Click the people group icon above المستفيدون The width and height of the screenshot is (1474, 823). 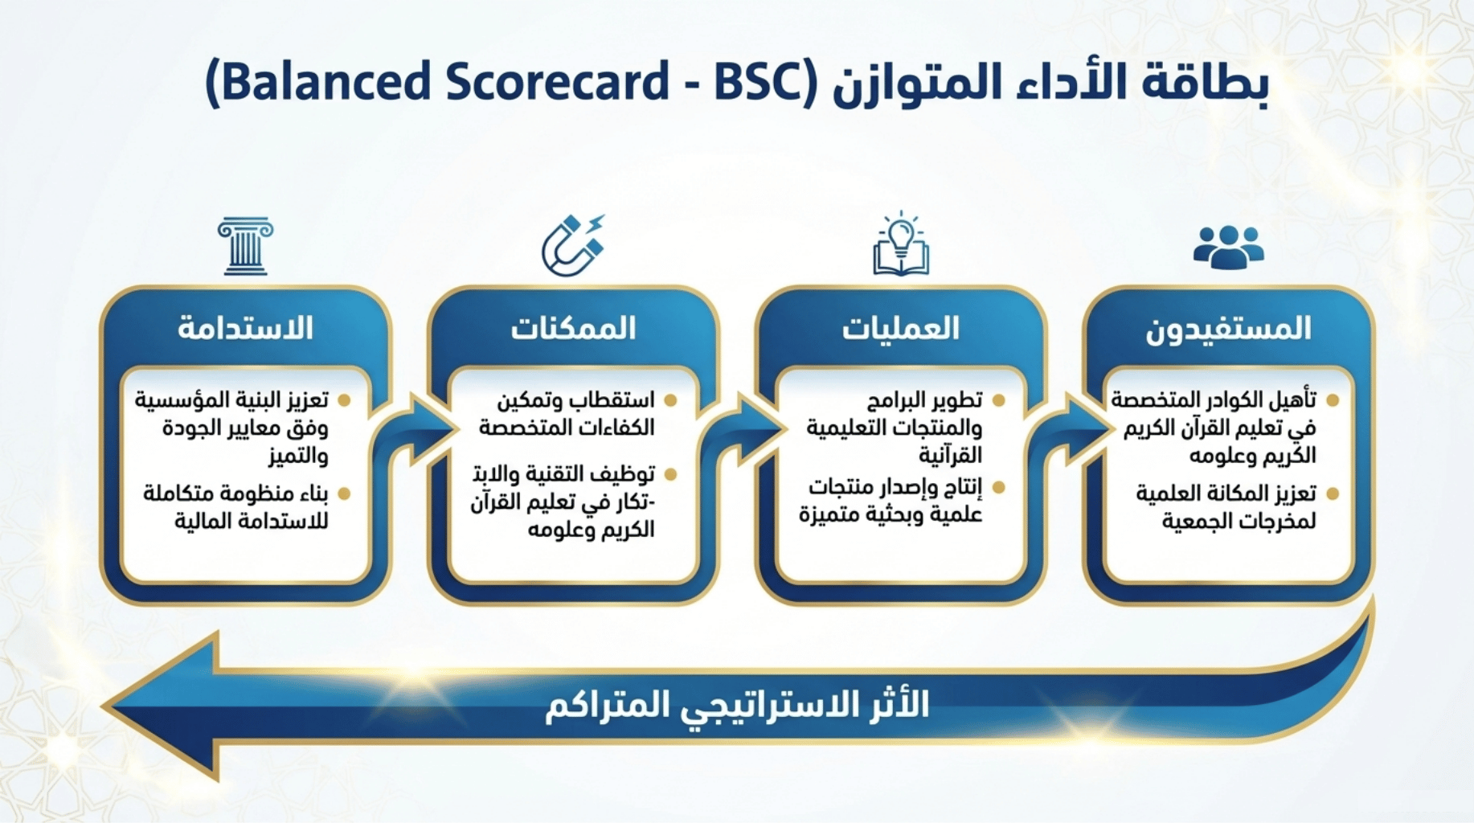pos(1228,247)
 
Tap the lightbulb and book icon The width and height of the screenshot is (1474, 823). pos(901,244)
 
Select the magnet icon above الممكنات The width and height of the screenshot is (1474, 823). pos(572,245)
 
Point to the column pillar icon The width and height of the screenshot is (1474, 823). pos(245,247)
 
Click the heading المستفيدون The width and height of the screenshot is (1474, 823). pos(1228,328)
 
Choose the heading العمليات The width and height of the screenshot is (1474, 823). pos(900,328)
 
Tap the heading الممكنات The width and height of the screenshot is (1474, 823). pos(573,328)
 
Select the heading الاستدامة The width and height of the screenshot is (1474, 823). pos(245,328)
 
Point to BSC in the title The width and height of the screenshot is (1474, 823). pos(760,82)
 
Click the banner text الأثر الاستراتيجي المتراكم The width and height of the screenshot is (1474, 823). pos(737,705)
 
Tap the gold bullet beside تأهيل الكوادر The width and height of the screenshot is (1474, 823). pos(1333,400)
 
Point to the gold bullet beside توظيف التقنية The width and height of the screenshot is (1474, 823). pos(671,474)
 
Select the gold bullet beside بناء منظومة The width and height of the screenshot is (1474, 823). pos(345,493)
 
